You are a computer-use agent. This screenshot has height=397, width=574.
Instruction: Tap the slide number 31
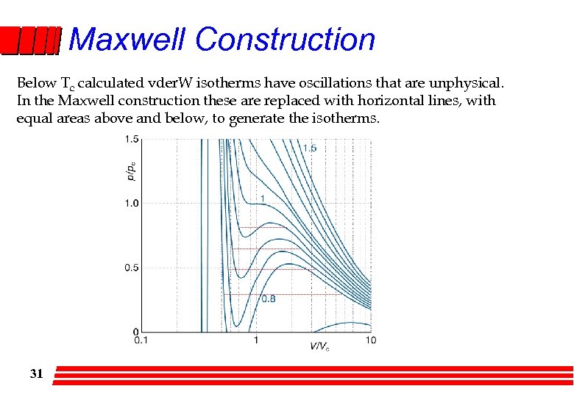click(x=36, y=374)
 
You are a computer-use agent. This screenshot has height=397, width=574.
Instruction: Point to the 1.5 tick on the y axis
click(x=132, y=139)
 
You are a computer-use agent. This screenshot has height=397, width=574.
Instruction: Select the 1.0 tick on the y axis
click(x=132, y=203)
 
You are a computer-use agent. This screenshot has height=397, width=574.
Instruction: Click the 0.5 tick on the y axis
click(x=132, y=268)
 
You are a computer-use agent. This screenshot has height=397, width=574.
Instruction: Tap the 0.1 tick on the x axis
click(x=140, y=340)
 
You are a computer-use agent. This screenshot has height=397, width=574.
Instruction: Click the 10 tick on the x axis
click(x=370, y=340)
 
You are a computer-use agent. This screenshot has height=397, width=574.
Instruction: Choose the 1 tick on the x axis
click(x=255, y=340)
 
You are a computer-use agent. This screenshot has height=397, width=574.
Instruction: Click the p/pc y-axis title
click(x=131, y=171)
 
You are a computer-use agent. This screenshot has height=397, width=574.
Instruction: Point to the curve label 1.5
click(x=310, y=148)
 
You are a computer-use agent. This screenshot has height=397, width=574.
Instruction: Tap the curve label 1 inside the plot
click(x=262, y=198)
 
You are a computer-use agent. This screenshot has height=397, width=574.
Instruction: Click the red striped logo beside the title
click(x=29, y=41)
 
